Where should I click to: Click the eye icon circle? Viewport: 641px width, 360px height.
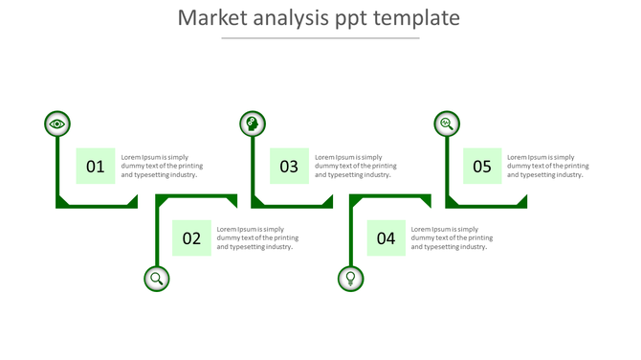tap(57, 124)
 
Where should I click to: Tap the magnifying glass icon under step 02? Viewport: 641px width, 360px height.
tap(157, 279)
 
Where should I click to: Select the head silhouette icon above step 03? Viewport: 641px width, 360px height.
tap(253, 124)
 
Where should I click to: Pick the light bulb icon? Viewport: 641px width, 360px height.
tap(351, 279)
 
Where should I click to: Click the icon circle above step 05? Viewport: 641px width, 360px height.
tap(446, 124)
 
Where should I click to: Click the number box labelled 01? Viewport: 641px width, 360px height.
tap(96, 167)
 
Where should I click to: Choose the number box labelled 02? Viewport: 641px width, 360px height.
tap(191, 238)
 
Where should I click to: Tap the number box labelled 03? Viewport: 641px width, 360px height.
tap(289, 167)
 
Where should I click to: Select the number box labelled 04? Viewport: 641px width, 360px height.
tap(386, 238)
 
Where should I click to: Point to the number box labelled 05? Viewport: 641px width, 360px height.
tap(482, 167)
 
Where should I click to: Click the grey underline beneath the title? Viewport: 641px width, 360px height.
tap(320, 38)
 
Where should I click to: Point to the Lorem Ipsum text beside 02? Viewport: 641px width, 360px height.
tap(257, 237)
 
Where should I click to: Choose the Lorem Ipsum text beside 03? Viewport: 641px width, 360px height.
tap(356, 166)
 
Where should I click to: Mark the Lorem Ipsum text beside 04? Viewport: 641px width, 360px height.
tap(452, 237)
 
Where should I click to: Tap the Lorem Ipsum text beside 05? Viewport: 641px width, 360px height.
tap(548, 166)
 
